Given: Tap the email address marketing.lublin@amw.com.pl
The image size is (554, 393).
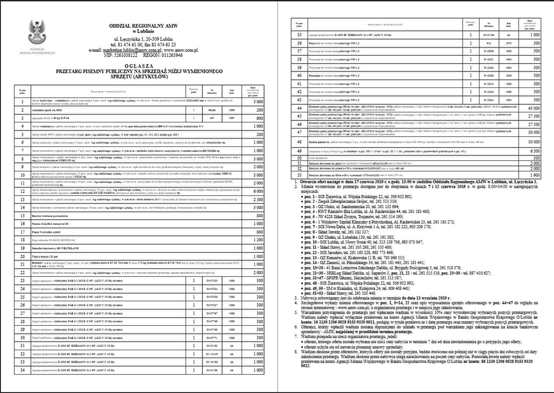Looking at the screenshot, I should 130,50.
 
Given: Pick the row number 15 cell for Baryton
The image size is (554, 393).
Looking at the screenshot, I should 22,216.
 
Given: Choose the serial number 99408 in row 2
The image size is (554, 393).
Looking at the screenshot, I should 212,111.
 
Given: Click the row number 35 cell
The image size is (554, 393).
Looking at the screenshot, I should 299,35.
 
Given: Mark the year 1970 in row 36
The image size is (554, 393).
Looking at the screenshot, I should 508,43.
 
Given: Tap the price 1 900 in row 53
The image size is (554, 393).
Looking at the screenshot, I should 533,175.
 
